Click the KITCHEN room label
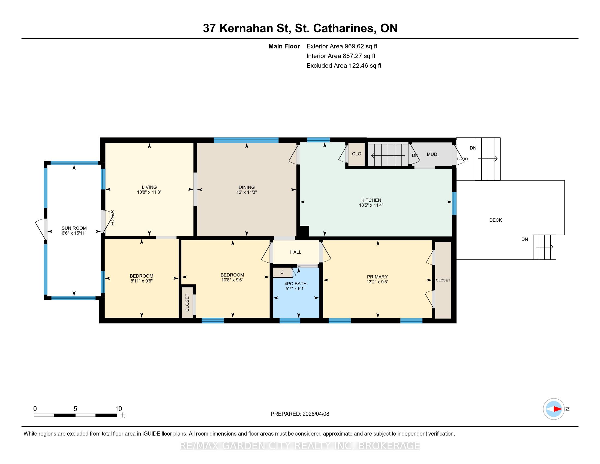[x=371, y=200]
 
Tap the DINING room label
[x=247, y=187]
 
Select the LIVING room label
[x=149, y=187]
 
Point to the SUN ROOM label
[x=74, y=228]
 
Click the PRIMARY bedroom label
[x=377, y=277]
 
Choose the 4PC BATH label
[x=295, y=284]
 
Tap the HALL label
[x=296, y=252]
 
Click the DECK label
[x=496, y=220]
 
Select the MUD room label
[x=432, y=154]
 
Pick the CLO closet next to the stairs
[x=357, y=154]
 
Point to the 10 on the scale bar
[x=118, y=409]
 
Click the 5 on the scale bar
[x=75, y=409]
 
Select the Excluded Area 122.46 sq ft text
[x=344, y=66]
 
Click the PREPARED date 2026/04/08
[x=315, y=414]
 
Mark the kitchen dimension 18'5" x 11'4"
[x=371, y=205]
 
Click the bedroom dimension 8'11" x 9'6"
[x=142, y=281]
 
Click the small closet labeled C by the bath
[x=282, y=272]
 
